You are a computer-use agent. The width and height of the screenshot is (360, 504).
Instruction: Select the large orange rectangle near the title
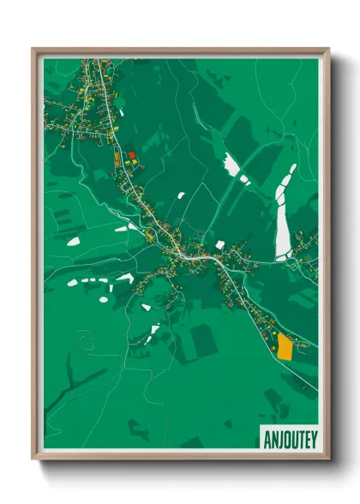(284, 347)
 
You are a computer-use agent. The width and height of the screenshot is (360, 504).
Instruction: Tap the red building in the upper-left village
(132, 156)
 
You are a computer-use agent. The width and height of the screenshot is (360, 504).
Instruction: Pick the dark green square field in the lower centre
(203, 340)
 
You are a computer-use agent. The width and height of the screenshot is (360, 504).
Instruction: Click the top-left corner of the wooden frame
(33, 49)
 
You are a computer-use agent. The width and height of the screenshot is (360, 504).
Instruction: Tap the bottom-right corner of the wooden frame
(329, 460)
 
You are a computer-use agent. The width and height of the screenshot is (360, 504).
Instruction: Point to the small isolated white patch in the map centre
(181, 195)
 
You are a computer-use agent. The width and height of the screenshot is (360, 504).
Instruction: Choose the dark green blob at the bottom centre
(192, 442)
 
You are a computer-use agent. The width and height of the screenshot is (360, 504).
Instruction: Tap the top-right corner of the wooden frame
(329, 49)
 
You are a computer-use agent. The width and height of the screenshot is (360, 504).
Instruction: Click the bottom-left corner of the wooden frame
(33, 460)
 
